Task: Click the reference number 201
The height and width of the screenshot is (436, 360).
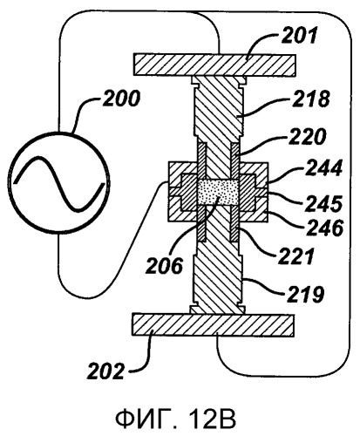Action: [x=298, y=36]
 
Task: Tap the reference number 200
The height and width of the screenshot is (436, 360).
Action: [x=121, y=98]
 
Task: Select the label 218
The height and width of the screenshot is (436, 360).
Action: [x=311, y=99]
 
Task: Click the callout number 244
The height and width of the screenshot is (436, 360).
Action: [x=323, y=168]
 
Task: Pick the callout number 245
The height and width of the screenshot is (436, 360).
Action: [x=323, y=203]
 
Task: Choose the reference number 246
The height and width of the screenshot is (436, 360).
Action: [x=325, y=228]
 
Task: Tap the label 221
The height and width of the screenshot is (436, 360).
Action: [x=296, y=255]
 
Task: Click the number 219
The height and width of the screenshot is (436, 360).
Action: [x=305, y=294]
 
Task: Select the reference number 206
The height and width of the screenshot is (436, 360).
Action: [x=165, y=265]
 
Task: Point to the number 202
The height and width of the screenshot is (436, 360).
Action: [x=105, y=371]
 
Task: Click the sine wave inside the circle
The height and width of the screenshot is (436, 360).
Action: [x=61, y=184]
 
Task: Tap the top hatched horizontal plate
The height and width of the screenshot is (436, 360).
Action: [x=214, y=65]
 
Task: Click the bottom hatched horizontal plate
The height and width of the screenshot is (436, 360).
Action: [x=213, y=325]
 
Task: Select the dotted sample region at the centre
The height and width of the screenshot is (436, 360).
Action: [x=218, y=192]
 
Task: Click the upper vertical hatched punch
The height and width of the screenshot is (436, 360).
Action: [x=217, y=127]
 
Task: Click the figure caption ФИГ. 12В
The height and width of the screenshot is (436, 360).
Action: [x=175, y=419]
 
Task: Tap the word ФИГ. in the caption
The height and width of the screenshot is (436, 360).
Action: [x=146, y=419]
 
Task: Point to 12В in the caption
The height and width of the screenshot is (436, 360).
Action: [x=213, y=419]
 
